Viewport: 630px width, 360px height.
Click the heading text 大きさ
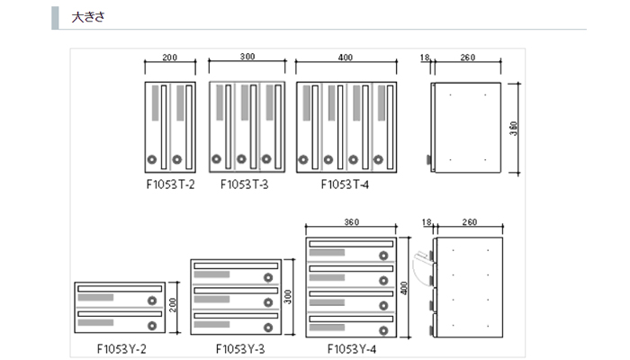tap(88, 17)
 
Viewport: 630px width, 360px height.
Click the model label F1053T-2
tap(170, 184)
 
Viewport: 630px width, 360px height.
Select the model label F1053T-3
tap(246, 184)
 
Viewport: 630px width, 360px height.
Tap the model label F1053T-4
tap(346, 184)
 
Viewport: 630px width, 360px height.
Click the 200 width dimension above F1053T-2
tap(169, 58)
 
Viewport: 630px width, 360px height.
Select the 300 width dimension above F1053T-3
tap(247, 58)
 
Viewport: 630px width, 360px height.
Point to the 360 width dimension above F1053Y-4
tap(352, 221)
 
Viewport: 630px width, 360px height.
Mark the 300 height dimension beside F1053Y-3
tap(289, 297)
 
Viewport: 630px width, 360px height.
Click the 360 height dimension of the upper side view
tap(513, 128)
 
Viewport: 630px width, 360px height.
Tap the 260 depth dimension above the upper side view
tap(467, 58)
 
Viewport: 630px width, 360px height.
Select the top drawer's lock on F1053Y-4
tap(383, 256)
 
